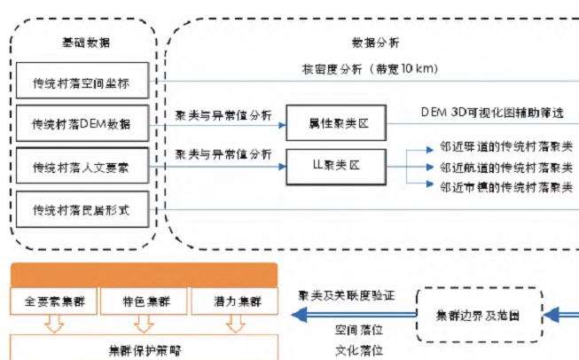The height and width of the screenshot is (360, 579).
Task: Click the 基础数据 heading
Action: coord(82,43)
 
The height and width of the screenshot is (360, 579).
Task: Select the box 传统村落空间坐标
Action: coord(82,85)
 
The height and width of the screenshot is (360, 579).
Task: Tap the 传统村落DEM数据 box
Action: coord(82,126)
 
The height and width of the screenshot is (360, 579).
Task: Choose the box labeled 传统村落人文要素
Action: coord(82,167)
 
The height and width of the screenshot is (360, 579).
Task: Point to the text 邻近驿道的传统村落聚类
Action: coord(503,149)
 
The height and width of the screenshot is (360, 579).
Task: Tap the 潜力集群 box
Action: coord(233,301)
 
